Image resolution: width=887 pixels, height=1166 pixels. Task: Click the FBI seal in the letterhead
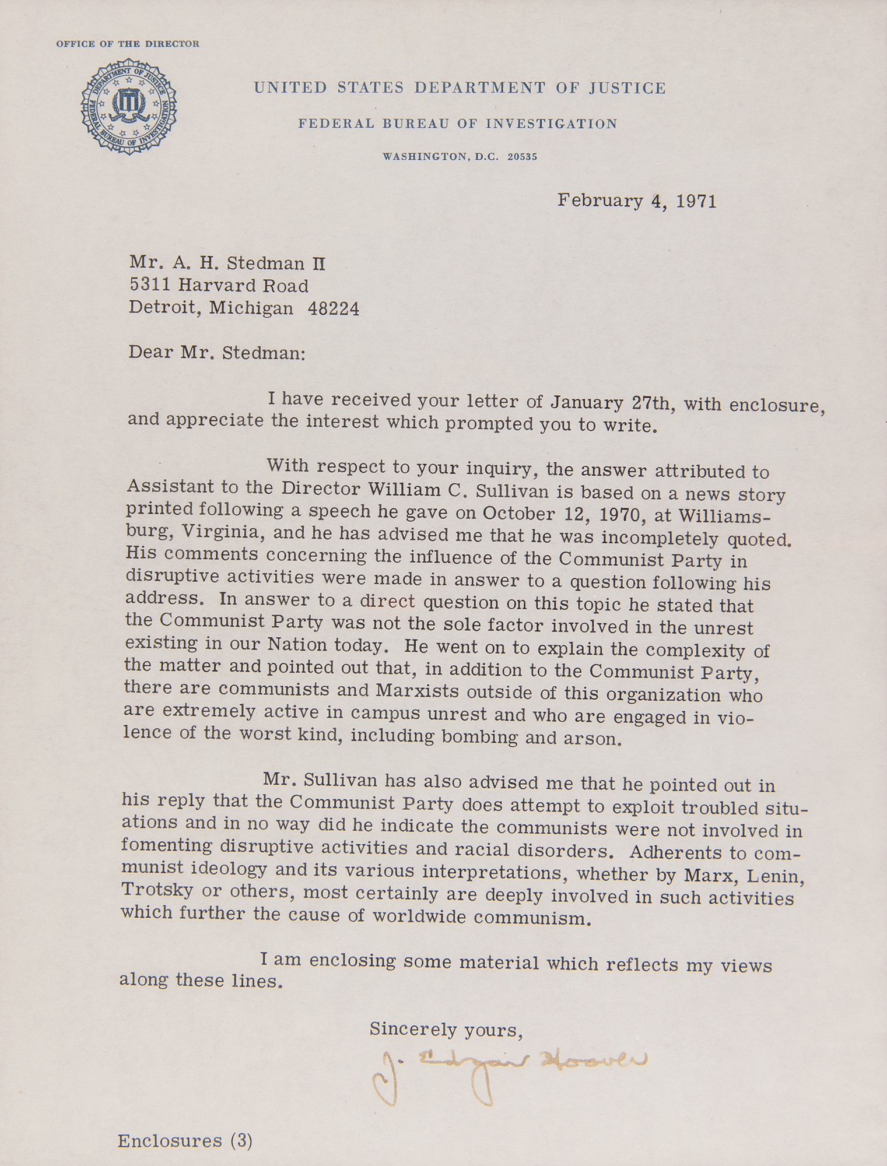coord(128,106)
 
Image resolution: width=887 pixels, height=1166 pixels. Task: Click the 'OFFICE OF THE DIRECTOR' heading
coord(128,44)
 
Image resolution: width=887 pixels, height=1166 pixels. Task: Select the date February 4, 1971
coord(636,201)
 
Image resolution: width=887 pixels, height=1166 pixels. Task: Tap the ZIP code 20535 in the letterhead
coord(522,157)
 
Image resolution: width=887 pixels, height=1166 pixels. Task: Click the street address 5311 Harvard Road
coord(219,286)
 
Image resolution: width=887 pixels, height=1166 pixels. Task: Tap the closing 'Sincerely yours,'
coord(446,1030)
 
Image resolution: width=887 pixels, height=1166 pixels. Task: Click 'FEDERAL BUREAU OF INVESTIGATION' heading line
coord(457,124)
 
